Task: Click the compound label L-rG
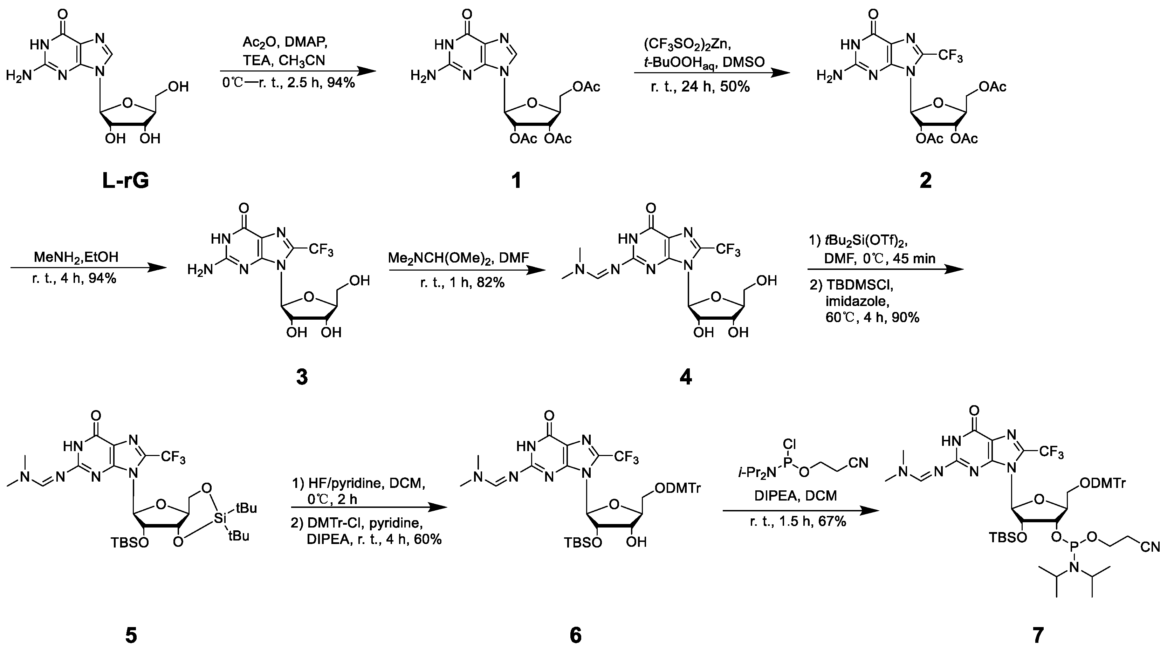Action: (x=125, y=181)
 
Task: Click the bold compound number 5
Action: (x=131, y=636)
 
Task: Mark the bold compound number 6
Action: (x=575, y=636)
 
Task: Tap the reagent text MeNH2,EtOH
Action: (x=76, y=257)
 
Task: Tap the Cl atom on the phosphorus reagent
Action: (x=789, y=444)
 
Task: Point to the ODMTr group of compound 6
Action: (x=678, y=489)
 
